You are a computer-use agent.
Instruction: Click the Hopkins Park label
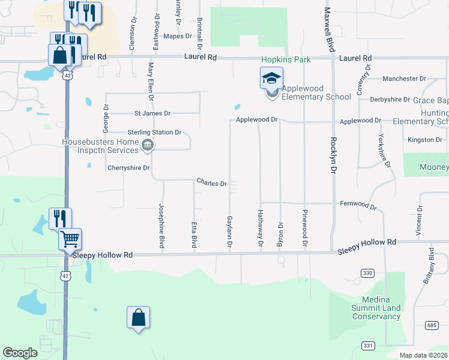click(285, 59)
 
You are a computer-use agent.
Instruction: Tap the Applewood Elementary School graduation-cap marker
click(271, 79)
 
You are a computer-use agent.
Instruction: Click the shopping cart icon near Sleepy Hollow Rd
click(70, 239)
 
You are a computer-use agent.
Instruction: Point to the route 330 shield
click(368, 273)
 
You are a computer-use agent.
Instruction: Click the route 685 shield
click(432, 325)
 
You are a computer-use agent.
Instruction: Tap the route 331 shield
click(367, 345)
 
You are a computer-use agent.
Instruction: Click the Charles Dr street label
click(212, 182)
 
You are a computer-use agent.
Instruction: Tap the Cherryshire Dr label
click(128, 168)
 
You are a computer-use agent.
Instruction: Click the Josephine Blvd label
click(161, 226)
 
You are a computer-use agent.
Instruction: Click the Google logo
click(20, 353)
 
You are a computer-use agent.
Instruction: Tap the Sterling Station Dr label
click(154, 132)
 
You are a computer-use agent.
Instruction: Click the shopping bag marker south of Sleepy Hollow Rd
click(138, 317)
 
